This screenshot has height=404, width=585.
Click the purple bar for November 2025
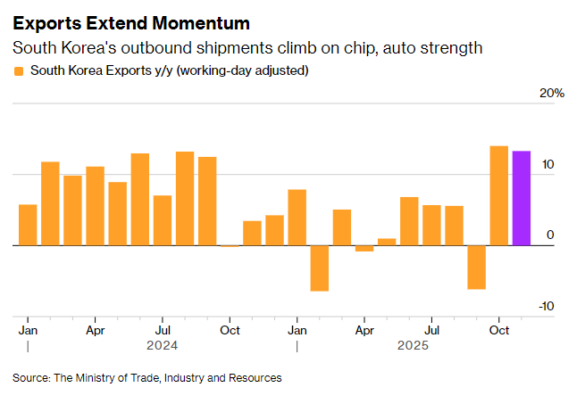pyautogui.click(x=521, y=198)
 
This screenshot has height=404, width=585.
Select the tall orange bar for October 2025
pyautogui.click(x=498, y=195)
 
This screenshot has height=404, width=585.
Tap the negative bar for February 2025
pyautogui.click(x=319, y=268)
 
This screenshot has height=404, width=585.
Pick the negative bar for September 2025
pyautogui.click(x=476, y=267)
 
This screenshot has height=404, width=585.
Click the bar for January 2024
pyautogui.click(x=28, y=225)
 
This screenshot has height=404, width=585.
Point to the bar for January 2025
pyautogui.click(x=297, y=218)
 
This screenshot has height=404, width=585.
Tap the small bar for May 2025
pyautogui.click(x=387, y=242)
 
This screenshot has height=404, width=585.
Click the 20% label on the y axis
pyautogui.click(x=553, y=94)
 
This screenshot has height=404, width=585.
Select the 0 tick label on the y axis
pyautogui.click(x=550, y=235)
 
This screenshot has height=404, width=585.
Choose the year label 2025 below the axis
pyautogui.click(x=414, y=345)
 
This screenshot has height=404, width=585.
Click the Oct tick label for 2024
pyautogui.click(x=230, y=329)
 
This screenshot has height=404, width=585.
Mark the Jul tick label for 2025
pyautogui.click(x=431, y=329)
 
